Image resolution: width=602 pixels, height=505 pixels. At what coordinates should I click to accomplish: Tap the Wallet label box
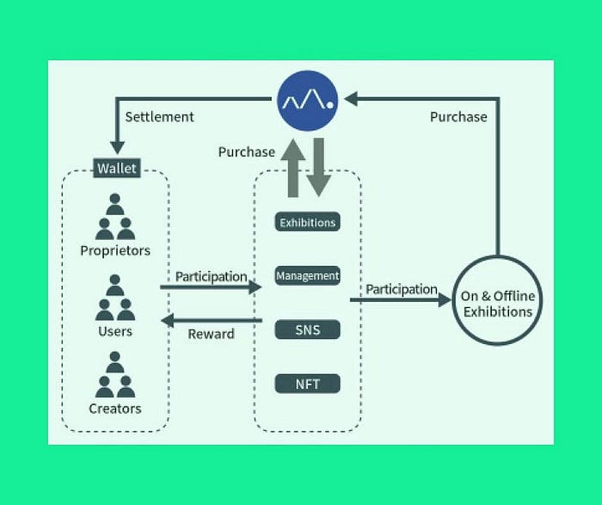(116, 168)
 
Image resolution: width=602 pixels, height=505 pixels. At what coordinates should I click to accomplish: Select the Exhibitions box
(307, 222)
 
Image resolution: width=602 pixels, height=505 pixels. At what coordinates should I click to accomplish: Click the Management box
(307, 276)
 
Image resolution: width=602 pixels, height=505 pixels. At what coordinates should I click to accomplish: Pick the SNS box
(307, 329)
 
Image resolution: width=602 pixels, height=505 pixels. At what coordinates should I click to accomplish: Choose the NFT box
(307, 383)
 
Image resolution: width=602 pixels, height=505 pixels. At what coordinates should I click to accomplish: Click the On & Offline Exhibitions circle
(498, 301)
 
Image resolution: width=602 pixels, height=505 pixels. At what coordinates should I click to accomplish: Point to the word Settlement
(159, 116)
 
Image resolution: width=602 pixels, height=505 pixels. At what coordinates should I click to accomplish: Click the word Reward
(211, 334)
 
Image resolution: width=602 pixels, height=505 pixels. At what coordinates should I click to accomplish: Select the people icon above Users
(115, 297)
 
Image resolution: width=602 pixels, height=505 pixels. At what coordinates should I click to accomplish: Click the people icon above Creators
(115, 375)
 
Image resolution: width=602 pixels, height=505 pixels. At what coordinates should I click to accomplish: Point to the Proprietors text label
(115, 251)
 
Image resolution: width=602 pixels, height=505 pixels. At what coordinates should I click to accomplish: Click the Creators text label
(115, 409)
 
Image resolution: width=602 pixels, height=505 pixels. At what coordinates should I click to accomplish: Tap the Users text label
(115, 330)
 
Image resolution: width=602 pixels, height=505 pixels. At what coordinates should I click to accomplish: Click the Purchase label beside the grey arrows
(246, 152)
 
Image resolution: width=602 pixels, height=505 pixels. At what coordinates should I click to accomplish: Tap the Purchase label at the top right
(458, 116)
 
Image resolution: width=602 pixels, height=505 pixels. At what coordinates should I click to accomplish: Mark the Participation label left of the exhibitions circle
(402, 289)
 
